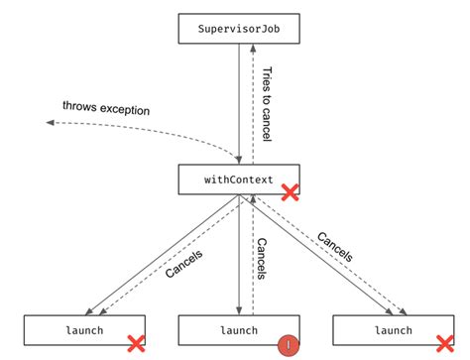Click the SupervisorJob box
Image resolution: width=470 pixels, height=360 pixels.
tap(239, 29)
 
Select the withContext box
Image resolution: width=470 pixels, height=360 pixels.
tap(239, 180)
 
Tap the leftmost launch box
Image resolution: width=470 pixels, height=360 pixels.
tap(84, 330)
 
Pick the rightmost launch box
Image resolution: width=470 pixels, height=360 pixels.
tap(393, 330)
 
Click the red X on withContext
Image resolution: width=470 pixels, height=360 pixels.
tap(290, 191)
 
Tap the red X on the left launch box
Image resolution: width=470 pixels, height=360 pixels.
tap(135, 343)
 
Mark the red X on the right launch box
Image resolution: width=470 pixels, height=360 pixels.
tap(444, 343)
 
